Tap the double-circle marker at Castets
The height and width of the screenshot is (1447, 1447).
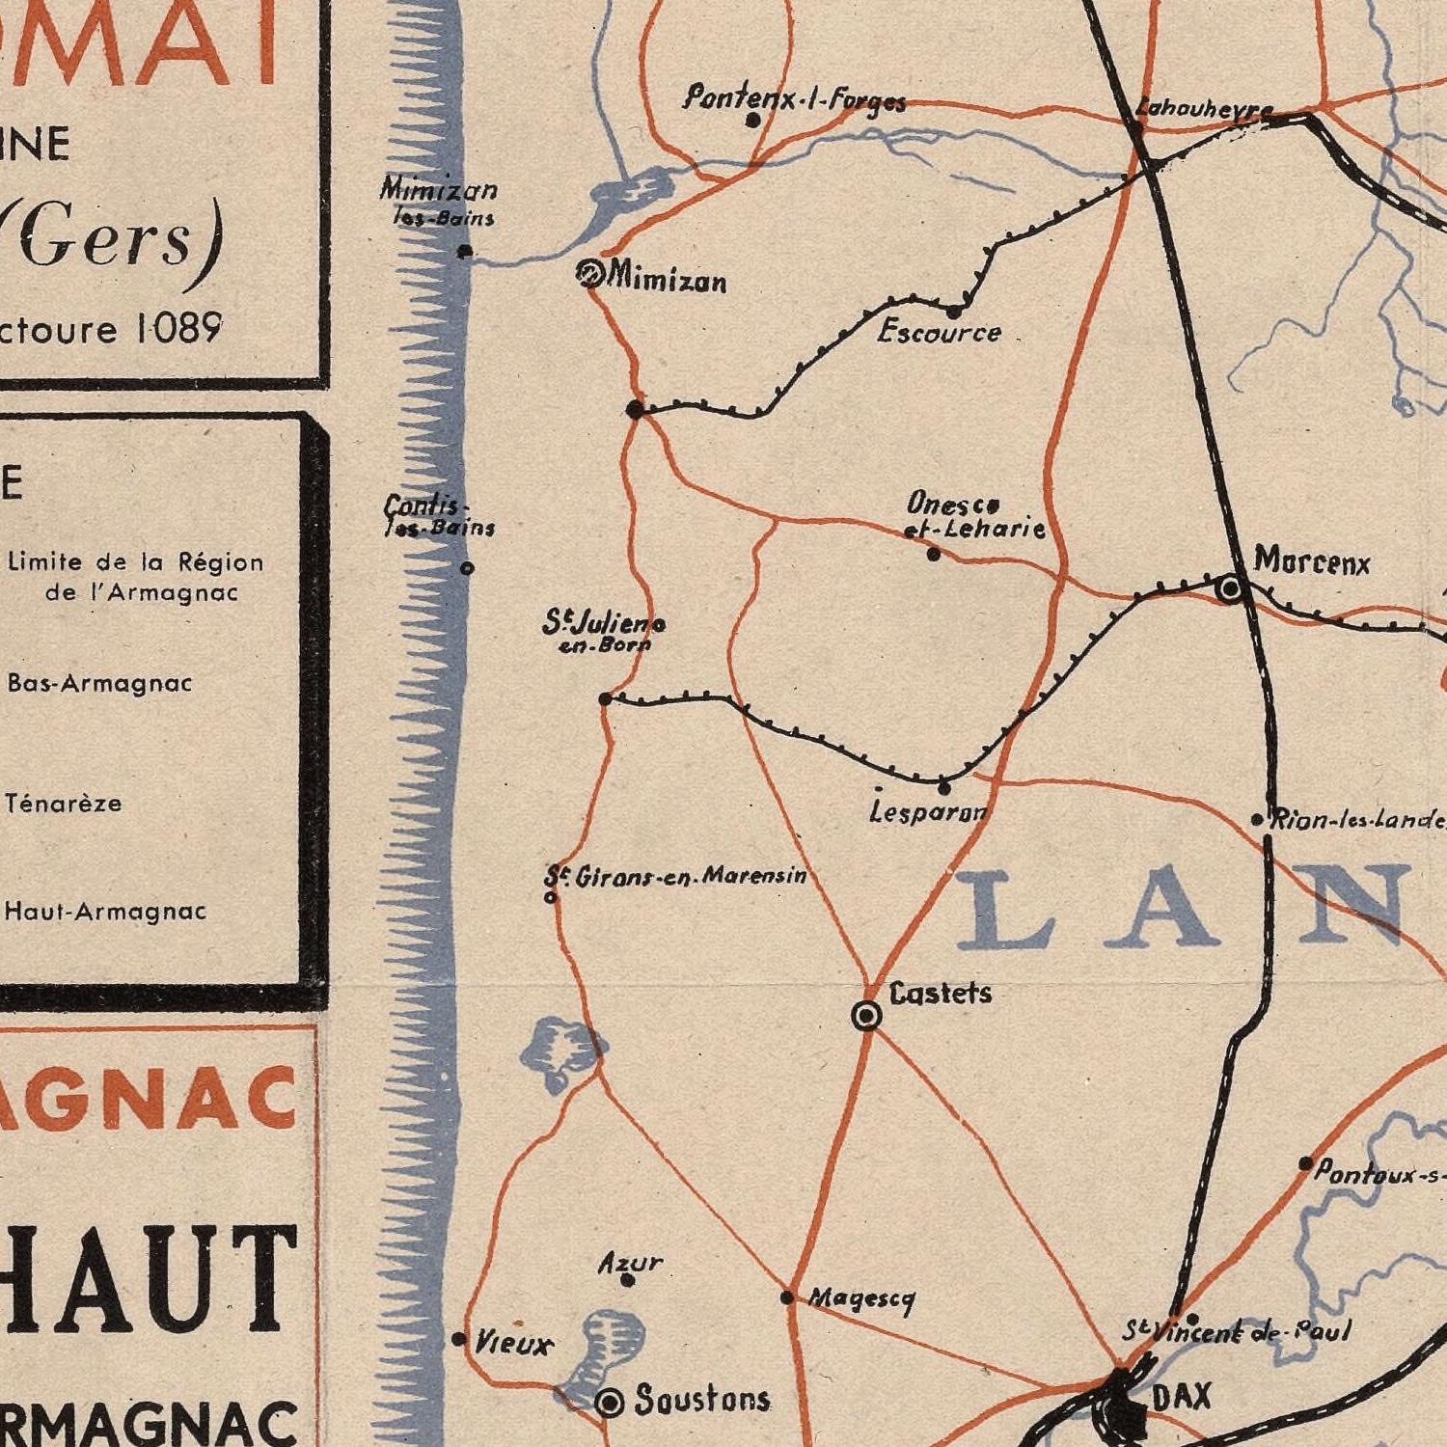866,1016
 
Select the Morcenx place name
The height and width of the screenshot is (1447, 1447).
1312,561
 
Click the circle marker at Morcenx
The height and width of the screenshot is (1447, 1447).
1230,587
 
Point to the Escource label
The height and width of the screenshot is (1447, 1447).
939,333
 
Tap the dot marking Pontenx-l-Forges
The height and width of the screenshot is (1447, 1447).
753,121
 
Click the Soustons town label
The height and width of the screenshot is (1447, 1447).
702,1400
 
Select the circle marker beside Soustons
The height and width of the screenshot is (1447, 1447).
610,1403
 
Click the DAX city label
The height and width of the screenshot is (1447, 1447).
1182,1396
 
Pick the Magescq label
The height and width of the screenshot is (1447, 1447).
861,1299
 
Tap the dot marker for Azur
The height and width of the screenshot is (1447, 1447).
627,1281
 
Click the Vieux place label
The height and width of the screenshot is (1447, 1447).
513,1343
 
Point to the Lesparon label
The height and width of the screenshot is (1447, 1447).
928,813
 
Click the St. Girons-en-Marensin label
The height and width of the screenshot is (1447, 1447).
675,876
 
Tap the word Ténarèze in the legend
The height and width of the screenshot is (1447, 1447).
64,803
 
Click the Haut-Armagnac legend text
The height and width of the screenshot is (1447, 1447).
105,911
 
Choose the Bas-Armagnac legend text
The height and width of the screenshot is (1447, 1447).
100,683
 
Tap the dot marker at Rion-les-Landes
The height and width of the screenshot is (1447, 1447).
1257,820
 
